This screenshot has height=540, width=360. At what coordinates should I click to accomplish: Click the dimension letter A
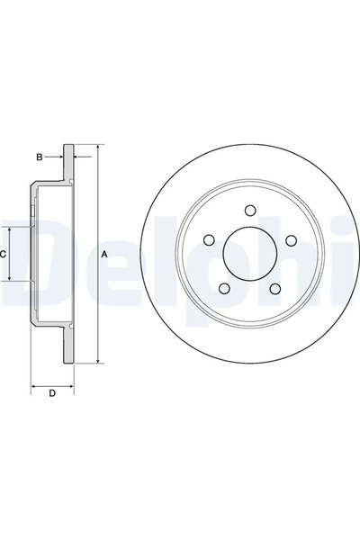(104, 254)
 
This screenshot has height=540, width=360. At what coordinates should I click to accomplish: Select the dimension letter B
(39, 157)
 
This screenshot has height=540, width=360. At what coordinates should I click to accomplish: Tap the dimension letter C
(4, 254)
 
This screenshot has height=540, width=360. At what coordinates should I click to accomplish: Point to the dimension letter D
(52, 392)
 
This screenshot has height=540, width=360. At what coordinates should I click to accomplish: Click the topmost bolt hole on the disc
(250, 211)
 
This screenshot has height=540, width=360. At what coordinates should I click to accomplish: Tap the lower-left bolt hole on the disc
(223, 290)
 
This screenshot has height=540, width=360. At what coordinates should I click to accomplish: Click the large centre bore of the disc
(250, 256)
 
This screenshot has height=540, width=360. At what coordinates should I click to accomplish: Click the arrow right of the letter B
(59, 157)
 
